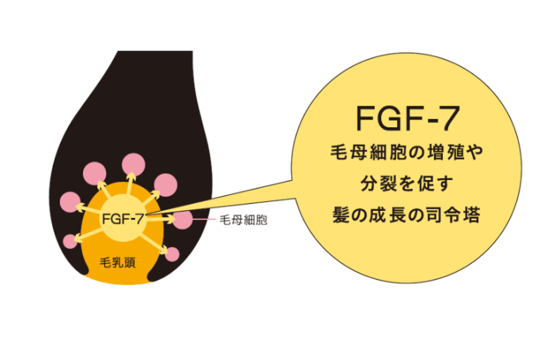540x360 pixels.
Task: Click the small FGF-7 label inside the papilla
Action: pos(123,219)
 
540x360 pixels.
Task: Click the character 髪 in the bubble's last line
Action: pos(342,215)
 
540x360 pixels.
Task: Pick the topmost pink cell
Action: pos(133,164)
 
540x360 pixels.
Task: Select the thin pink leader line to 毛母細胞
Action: pos(204,220)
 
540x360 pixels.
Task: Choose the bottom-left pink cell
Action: pos(70,241)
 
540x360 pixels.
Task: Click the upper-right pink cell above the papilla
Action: pos(166,184)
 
